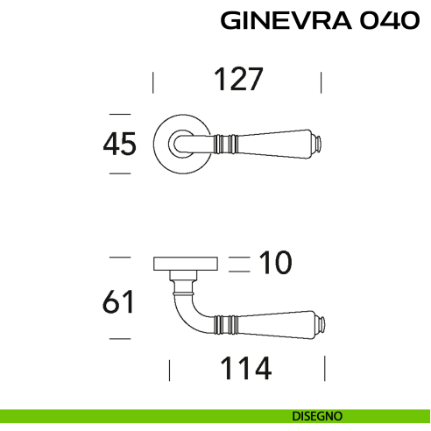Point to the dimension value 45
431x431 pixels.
(119, 144)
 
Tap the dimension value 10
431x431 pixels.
(272, 261)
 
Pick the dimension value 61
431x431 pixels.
(118, 302)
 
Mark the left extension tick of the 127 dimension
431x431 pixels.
(153, 83)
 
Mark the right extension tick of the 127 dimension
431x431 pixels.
(321, 83)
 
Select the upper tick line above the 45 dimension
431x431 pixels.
(119, 113)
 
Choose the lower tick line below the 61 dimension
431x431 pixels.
(119, 338)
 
